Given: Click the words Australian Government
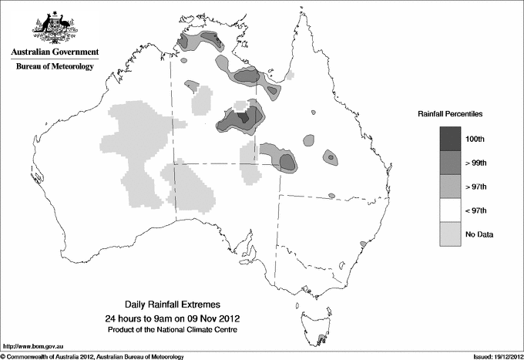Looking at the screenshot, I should [x=54, y=52].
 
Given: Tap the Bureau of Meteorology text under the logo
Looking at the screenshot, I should [x=54, y=67].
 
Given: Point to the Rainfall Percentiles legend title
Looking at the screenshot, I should [x=450, y=113].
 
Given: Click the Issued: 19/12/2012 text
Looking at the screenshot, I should [x=492, y=356].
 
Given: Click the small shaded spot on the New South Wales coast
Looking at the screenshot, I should [x=362, y=244].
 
